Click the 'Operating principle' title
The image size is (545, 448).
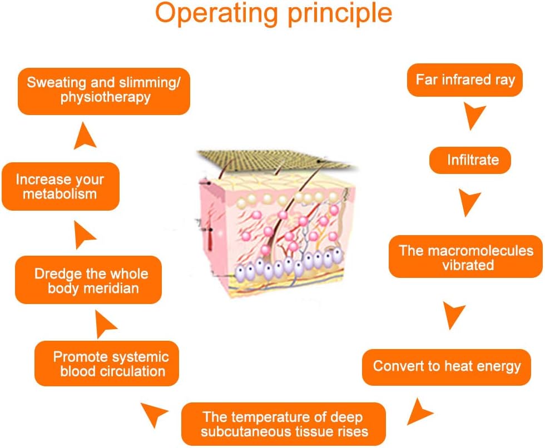[274, 14]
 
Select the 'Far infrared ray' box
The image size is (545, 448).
[465, 80]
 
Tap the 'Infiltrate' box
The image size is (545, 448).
[470, 160]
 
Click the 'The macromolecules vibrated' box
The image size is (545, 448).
[466, 256]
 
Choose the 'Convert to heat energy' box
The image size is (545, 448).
[447, 367]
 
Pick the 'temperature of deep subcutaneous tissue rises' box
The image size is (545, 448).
[284, 424]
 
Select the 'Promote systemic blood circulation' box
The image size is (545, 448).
[107, 364]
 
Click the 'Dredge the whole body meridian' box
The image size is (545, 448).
[88, 280]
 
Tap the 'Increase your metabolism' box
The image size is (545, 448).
[61, 186]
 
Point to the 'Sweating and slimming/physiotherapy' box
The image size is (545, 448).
[104, 91]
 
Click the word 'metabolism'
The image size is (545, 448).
[60, 194]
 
